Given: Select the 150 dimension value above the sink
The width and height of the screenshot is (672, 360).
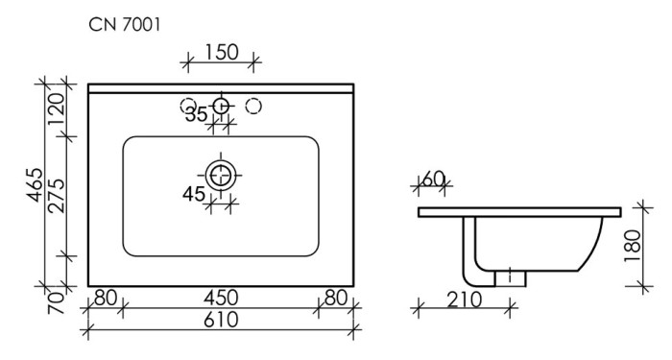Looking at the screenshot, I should point(222,54).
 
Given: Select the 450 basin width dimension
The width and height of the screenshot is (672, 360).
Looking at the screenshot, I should point(222,298).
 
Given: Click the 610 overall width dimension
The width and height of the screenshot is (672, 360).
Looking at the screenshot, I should point(222,321).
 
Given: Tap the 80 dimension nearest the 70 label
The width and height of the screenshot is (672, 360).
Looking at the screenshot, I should point(106,298).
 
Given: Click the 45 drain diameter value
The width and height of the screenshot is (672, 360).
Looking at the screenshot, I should point(195,195).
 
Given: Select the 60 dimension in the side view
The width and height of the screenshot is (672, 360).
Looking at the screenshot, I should point(434,179).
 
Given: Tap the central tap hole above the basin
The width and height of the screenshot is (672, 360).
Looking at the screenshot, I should point(222,104).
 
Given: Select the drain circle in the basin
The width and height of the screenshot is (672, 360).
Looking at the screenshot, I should point(222,174).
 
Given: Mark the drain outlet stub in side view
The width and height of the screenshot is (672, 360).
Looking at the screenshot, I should point(511,276).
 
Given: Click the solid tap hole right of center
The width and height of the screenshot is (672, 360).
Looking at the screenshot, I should point(254,104).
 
